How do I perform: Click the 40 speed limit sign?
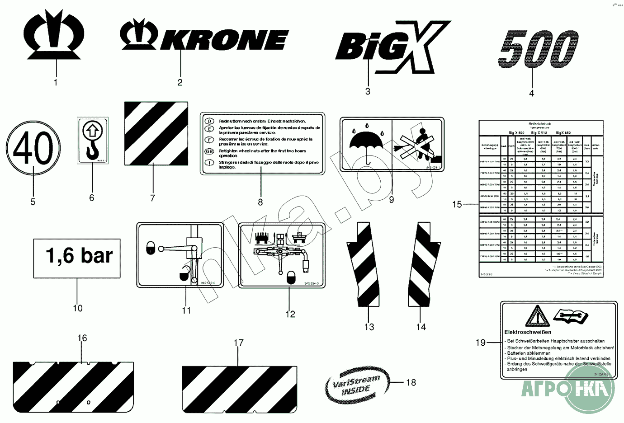tap(33, 149)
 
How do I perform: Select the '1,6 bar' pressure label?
tap(77, 258)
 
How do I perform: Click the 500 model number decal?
tap(539, 49)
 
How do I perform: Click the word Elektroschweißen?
tap(527, 332)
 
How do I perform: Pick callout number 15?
tap(457, 204)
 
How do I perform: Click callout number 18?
tap(411, 382)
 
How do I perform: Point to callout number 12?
tap(290, 314)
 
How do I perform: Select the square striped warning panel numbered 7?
tap(156, 133)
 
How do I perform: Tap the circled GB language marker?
tap(209, 151)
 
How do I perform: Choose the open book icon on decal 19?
tap(571, 315)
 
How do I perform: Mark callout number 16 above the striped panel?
tap(82, 338)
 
